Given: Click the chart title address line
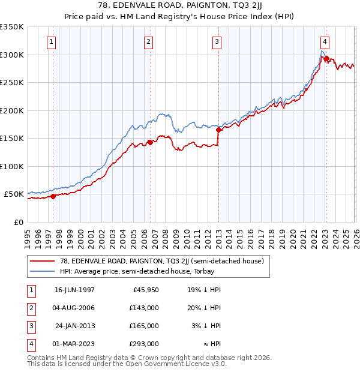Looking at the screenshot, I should (179, 5).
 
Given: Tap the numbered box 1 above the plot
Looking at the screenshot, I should (52, 42).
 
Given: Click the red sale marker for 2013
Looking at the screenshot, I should (219, 130).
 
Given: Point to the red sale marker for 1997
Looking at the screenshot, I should (53, 196).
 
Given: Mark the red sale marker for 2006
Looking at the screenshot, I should (150, 142).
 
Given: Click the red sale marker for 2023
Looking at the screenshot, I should (326, 58).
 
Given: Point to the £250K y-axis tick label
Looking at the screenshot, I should (12, 82).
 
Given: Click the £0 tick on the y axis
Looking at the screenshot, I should (19, 222).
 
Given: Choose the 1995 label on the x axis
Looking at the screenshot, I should (27, 237).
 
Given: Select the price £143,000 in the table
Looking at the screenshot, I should (145, 308).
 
